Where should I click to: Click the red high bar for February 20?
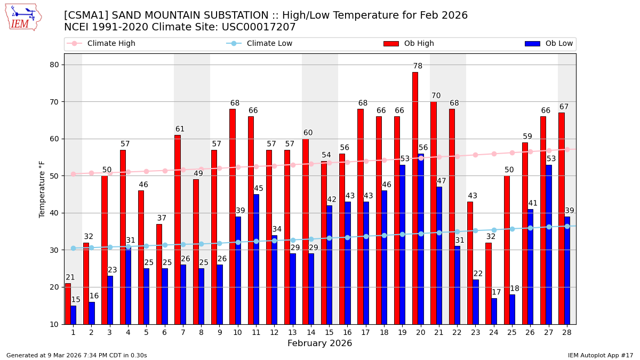(x=415, y=197)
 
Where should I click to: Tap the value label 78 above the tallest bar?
(x=418, y=66)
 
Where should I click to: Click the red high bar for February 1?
(x=68, y=303)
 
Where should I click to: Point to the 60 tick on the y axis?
(x=55, y=139)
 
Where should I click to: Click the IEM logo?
(x=23, y=17)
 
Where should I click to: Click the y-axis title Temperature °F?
(x=43, y=189)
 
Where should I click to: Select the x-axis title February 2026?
(x=319, y=343)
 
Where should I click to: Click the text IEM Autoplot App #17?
(x=600, y=355)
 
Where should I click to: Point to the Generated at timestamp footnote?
(x=77, y=355)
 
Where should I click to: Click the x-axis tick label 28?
(x=566, y=332)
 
